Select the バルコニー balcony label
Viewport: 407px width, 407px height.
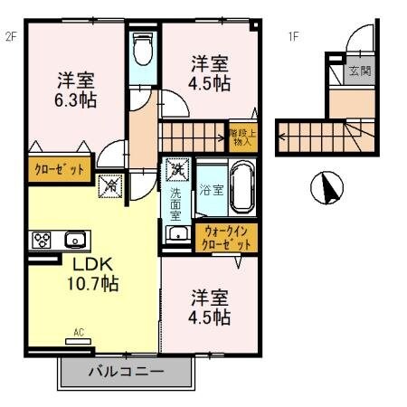126,371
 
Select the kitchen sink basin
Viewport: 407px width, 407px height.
74,240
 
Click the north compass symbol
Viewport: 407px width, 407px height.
327,189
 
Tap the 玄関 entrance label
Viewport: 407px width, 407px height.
360,72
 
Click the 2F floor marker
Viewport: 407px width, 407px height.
11,36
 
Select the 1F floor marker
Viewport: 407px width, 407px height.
293,36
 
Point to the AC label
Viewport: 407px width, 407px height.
79,333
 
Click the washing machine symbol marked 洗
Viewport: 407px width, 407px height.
178,169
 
